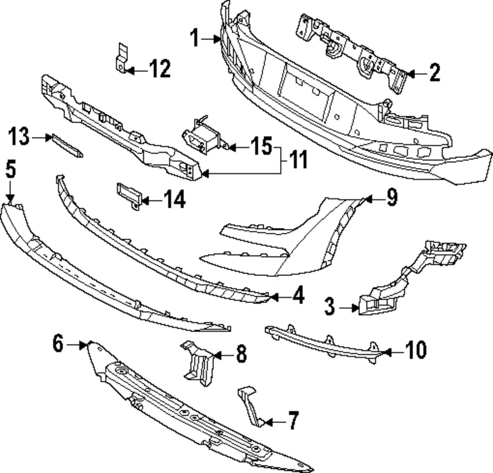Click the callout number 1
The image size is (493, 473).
tap(195, 38)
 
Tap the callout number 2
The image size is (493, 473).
tap(434, 73)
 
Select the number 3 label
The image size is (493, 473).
tap(329, 306)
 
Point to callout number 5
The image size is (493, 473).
tap(11, 169)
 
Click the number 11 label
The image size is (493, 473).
tap(298, 159)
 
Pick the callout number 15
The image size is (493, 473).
tap(261, 146)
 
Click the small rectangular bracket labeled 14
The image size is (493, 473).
tap(128, 195)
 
